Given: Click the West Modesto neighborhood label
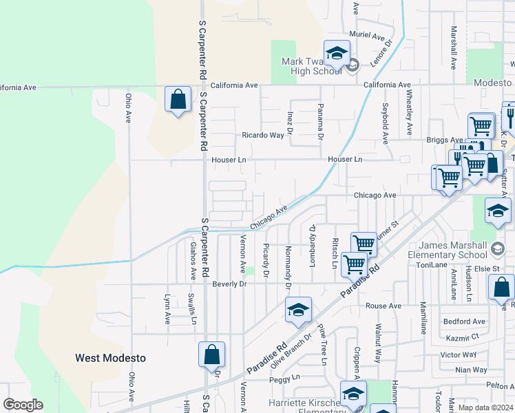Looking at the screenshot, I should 110,358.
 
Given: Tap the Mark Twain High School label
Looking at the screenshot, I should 312,66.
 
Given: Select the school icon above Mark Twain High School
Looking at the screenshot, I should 337,53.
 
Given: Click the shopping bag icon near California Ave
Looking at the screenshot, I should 178,100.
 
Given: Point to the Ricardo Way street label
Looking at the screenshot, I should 262,136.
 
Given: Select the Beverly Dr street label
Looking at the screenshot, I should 229,284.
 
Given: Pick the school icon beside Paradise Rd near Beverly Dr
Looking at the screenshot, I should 298,311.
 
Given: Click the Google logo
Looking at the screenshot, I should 23,405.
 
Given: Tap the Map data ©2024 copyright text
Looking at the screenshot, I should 485,407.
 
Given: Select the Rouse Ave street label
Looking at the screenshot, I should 383,306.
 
